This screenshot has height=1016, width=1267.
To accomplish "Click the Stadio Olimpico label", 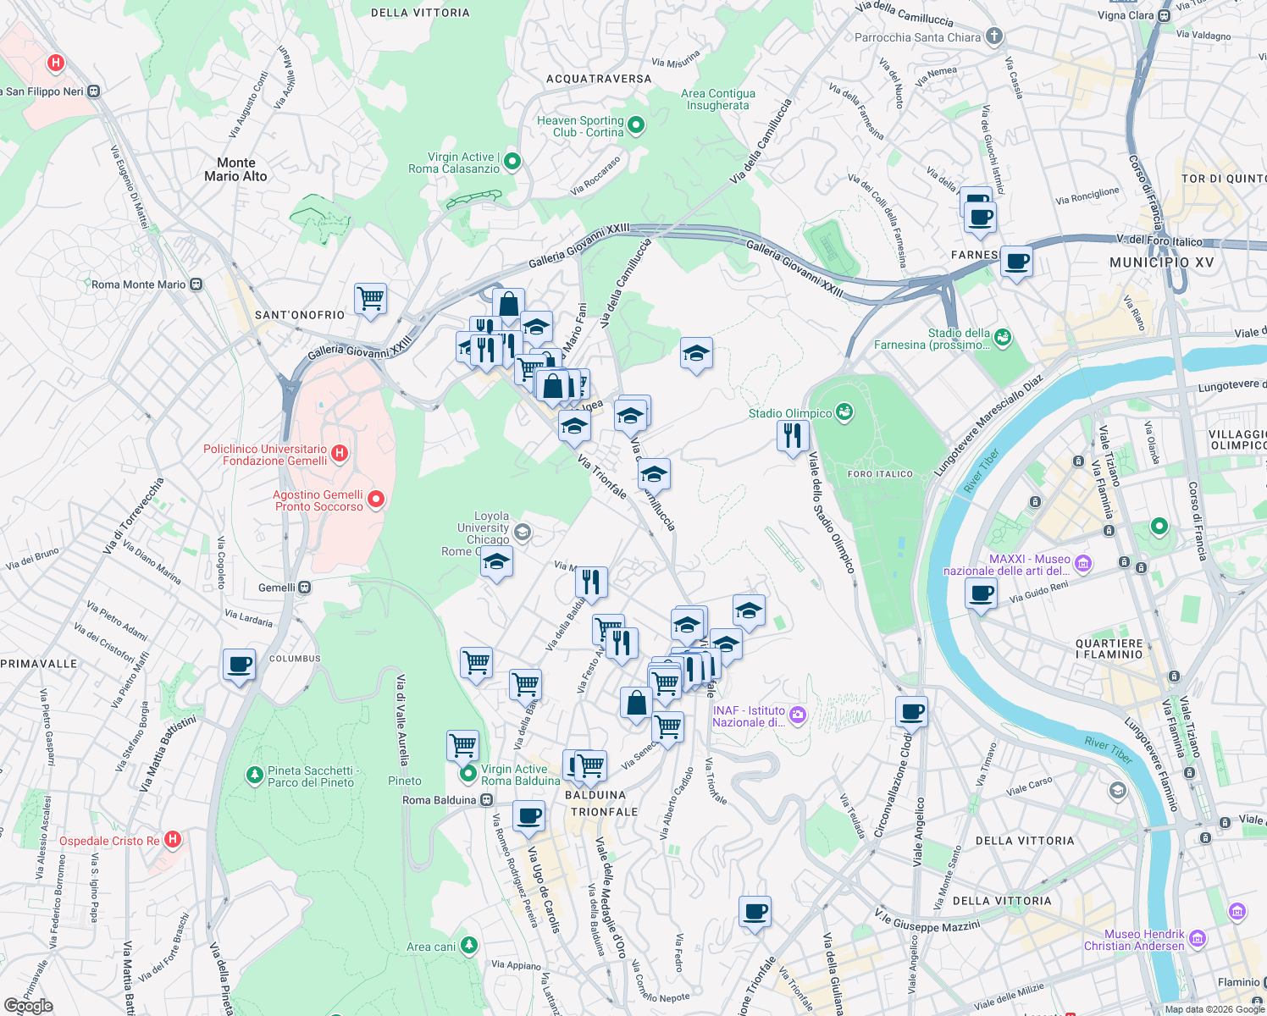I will pyautogui.click(x=789, y=413).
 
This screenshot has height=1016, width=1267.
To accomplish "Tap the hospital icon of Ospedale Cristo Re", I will pyautogui.click(x=173, y=840).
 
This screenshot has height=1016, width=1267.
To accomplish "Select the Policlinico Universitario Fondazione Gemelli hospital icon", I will pyautogui.click(x=340, y=454).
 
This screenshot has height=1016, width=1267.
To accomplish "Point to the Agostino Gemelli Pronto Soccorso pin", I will pyautogui.click(x=376, y=500).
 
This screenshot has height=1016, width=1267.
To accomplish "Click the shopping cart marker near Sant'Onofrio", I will pyautogui.click(x=370, y=299).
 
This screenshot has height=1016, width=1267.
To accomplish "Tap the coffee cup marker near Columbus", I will pyautogui.click(x=239, y=665).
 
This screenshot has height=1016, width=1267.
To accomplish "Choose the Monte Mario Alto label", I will pyautogui.click(x=235, y=169).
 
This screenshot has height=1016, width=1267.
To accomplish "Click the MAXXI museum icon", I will pyautogui.click(x=1083, y=563).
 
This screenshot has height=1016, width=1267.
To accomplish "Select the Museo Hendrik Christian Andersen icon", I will pyautogui.click(x=1197, y=938).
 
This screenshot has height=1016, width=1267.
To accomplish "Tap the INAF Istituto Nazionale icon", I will pyautogui.click(x=797, y=716).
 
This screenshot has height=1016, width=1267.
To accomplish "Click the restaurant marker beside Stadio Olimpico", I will pyautogui.click(x=793, y=436).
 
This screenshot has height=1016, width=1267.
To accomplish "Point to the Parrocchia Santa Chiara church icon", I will pyautogui.click(x=994, y=36).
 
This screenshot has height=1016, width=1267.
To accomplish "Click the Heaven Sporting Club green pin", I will pyautogui.click(x=636, y=126).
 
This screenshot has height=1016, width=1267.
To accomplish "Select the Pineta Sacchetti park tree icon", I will pyautogui.click(x=254, y=775).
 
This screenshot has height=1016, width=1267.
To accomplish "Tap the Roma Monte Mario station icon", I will pyautogui.click(x=196, y=284).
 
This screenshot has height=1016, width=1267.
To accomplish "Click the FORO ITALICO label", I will pyautogui.click(x=880, y=474).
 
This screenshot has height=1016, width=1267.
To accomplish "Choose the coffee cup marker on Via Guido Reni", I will pyautogui.click(x=981, y=594).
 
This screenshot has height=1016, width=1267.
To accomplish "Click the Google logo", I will pyautogui.click(x=29, y=1006).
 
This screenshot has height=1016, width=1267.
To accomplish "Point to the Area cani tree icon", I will pyautogui.click(x=468, y=945).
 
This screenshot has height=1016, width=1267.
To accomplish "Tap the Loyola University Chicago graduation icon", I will pyautogui.click(x=523, y=532).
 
